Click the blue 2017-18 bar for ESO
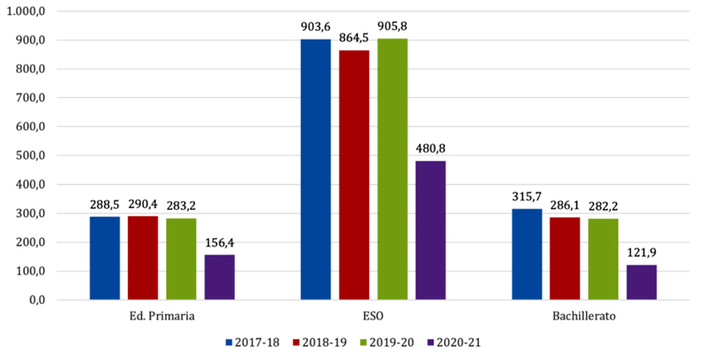(315, 169)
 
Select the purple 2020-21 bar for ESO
(430, 230)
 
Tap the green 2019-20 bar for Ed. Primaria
(181, 259)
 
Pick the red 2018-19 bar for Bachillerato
(564, 258)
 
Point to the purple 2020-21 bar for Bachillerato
(641, 282)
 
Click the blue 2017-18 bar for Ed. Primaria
(104, 258)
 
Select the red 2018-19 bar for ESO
(354, 175)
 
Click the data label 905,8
(392, 27)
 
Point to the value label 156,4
(219, 243)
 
